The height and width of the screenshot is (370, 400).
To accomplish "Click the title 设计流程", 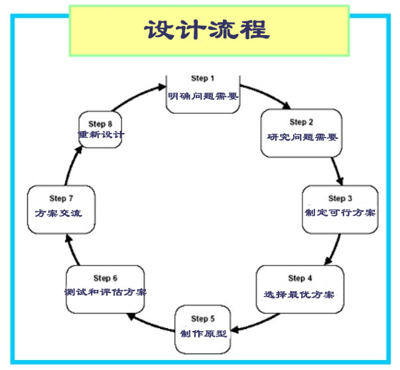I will coord(206,30).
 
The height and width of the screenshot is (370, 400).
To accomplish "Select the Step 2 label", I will coord(298,122).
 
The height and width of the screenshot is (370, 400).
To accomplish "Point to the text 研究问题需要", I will coord(298,138).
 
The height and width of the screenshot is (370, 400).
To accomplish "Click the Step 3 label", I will coord(336,199).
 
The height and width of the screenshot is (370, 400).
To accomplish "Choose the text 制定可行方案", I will coord(340,213).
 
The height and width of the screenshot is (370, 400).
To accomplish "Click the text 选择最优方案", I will coord(300,293).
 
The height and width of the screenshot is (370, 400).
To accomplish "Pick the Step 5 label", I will coord(204,318).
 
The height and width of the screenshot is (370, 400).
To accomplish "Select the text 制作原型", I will coord(204,333).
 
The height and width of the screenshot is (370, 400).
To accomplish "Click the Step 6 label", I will coord(105,278).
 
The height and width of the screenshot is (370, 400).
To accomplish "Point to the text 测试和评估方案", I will coord(105,293).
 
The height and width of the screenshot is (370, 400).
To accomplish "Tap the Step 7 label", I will coord(58,199).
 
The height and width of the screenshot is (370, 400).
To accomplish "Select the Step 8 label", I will coord(100,124).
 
